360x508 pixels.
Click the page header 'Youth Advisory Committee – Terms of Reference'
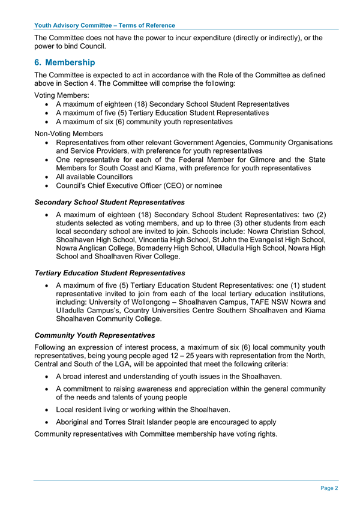[105, 25]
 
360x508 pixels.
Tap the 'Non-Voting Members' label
[69, 133]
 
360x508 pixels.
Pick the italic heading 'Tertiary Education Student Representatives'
[110, 273]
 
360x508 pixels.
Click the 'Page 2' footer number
[329, 488]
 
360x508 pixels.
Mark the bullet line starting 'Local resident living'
[143, 410]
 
